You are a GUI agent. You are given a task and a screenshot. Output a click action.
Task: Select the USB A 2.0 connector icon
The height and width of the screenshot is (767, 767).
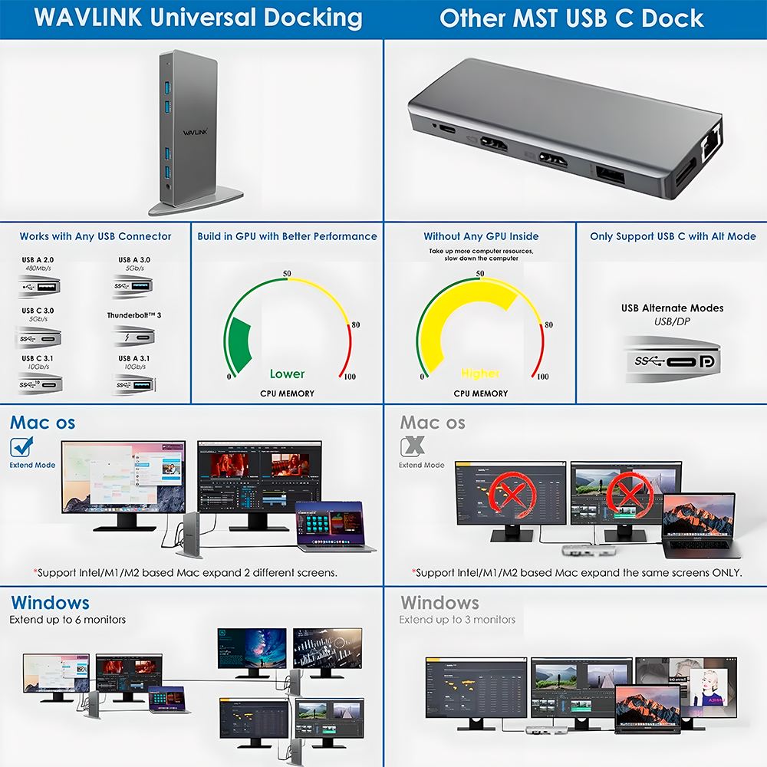(x=39, y=288)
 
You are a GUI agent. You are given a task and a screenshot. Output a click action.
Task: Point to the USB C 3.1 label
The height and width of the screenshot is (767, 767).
(x=38, y=358)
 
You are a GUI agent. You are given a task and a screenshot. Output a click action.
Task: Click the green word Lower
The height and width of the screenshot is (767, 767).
(x=287, y=374)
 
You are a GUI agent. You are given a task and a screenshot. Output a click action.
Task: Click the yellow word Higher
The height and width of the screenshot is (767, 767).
(x=480, y=374)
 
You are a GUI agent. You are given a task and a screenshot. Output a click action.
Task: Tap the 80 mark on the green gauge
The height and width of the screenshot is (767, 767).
(x=355, y=325)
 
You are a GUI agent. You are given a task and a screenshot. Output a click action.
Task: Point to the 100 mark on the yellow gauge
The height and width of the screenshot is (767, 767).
(x=542, y=377)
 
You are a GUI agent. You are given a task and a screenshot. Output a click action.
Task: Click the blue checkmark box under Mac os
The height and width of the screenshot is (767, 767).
(x=21, y=447)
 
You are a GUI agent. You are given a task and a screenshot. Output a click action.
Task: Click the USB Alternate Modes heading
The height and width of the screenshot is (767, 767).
(x=672, y=308)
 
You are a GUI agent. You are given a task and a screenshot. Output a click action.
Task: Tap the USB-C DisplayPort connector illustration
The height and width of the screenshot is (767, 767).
(x=673, y=360)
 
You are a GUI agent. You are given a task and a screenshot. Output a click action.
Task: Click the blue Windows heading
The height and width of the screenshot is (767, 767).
(x=50, y=603)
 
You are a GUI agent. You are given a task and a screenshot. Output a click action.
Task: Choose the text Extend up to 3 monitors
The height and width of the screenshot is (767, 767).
(x=457, y=620)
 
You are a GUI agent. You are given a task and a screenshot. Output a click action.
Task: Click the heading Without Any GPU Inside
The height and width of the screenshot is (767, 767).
(x=481, y=236)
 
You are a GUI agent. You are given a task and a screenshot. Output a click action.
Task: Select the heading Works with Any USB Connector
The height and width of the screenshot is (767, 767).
(x=95, y=236)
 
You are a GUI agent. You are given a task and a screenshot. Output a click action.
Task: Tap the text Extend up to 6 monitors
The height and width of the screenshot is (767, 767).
(x=67, y=620)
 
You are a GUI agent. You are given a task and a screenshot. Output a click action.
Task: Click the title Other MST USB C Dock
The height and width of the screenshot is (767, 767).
(x=571, y=18)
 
